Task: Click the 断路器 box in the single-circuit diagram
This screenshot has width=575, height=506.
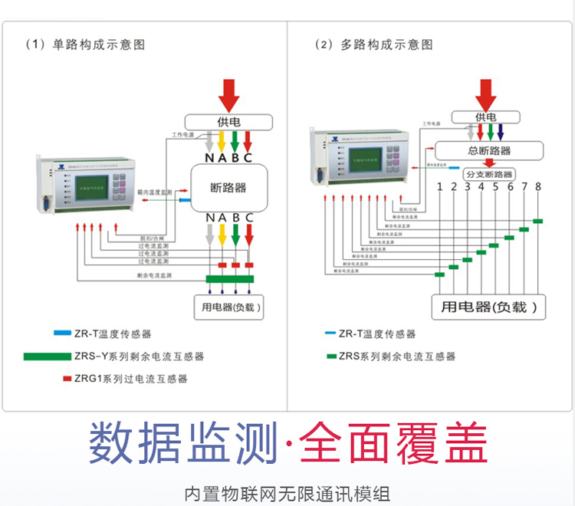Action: [x=228, y=188]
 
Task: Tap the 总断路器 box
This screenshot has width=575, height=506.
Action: [x=489, y=151]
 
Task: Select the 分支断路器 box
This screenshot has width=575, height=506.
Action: [x=488, y=175]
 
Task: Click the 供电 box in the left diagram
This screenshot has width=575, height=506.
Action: [x=228, y=122]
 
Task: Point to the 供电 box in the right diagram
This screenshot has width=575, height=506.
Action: [x=485, y=117]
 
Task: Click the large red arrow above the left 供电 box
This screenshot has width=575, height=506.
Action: [x=228, y=94]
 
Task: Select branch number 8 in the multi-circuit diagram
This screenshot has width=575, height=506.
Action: [x=538, y=186]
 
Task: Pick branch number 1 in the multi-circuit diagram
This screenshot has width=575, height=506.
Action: [x=440, y=186]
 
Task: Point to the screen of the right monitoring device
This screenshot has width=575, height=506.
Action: [x=364, y=163]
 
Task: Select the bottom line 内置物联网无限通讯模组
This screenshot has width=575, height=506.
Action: [x=287, y=492]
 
